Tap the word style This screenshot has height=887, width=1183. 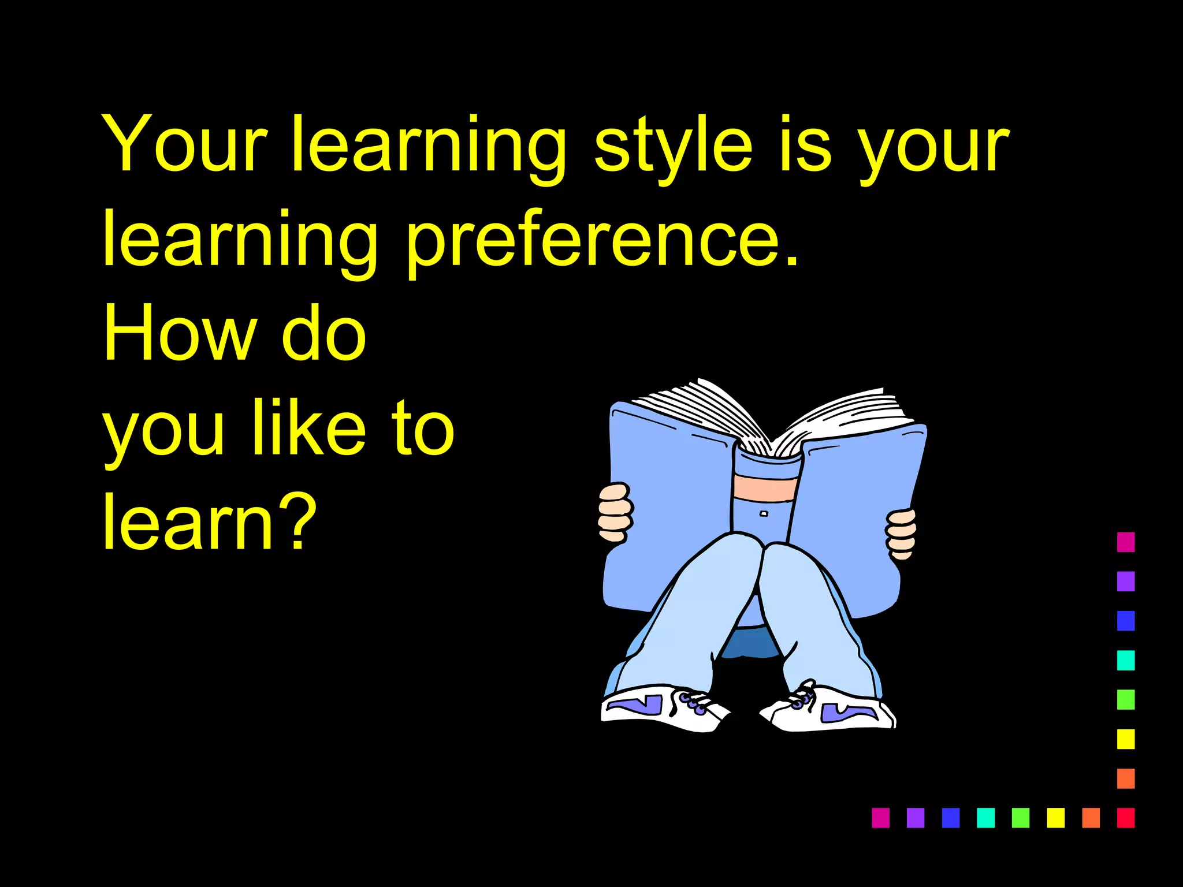pos(674,147)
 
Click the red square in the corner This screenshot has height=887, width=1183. pos(1126,818)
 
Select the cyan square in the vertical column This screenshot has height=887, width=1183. pos(1126,660)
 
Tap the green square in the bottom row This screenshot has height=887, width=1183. pos(1021,818)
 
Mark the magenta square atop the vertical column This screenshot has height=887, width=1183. pos(1126,542)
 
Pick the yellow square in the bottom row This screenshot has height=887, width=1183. pos(1055,818)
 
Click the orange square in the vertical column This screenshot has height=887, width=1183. pos(1126,778)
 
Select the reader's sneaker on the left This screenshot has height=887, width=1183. pos(661,709)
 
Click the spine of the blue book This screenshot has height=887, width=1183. pos(765,491)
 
